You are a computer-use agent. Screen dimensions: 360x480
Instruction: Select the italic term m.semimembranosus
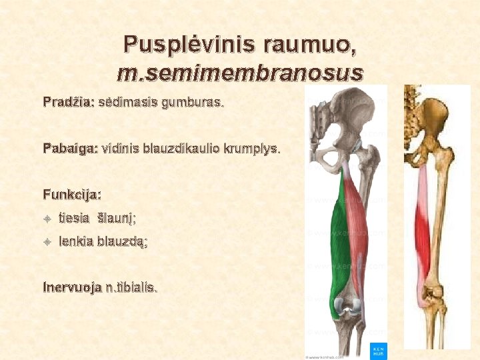(240, 72)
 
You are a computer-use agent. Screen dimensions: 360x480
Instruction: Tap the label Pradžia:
(69, 103)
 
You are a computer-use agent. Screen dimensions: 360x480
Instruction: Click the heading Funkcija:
(72, 195)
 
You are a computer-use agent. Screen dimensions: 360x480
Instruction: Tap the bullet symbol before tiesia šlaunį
(47, 218)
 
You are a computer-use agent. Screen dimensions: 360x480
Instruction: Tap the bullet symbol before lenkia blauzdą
(47, 243)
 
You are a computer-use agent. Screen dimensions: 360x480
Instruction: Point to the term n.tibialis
(136, 288)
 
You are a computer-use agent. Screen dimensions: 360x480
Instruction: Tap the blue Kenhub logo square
(377, 350)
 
